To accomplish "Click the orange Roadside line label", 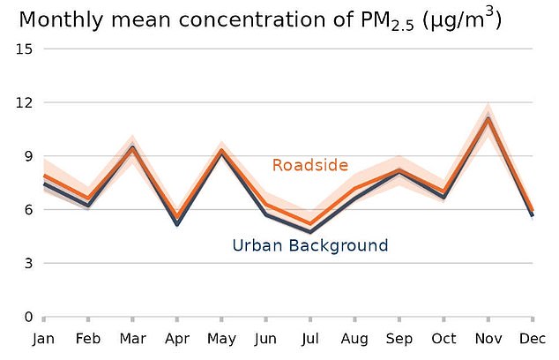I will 309,165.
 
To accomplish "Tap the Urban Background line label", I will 309,245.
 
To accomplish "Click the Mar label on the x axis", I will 132,339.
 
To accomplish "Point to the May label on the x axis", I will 221,339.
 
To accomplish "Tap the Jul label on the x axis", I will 310,339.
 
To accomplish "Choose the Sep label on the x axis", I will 399,339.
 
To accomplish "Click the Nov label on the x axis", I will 488,339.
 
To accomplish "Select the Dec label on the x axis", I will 532,339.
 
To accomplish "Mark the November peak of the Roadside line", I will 488,118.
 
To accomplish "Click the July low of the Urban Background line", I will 310,233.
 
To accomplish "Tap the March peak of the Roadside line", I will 132,148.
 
